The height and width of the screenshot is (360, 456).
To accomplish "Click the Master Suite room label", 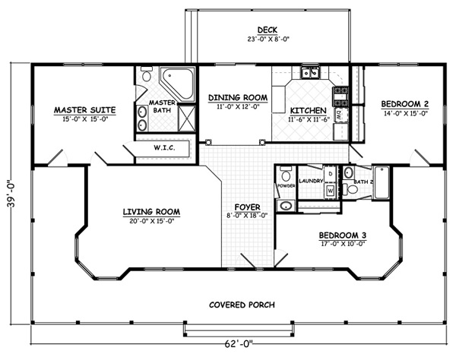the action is [84, 110].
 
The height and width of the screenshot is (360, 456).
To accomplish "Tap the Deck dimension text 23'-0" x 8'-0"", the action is [268, 39].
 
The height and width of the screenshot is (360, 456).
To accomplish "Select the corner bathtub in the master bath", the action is [177, 84].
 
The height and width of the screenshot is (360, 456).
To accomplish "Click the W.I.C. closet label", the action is [164, 148].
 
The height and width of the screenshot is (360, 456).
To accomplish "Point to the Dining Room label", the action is [238, 98].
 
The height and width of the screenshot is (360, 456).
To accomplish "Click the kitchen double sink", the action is [310, 72].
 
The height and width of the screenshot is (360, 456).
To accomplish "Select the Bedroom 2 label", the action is [404, 104].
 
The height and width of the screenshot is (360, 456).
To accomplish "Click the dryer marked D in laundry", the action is [330, 173].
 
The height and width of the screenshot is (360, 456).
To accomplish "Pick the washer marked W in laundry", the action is [331, 191].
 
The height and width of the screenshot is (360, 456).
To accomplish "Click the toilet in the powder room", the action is [286, 174].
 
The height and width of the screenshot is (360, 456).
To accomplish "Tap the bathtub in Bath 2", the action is [382, 182].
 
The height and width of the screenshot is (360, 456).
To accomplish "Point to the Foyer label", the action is [248, 207].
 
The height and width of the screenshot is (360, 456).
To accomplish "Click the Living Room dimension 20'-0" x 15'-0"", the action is [152, 221].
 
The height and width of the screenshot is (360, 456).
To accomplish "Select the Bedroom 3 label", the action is [343, 235].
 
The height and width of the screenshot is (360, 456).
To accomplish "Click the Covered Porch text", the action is [242, 305].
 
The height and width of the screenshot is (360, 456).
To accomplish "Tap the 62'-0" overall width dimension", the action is [239, 344].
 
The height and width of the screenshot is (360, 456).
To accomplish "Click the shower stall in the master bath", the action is [186, 118].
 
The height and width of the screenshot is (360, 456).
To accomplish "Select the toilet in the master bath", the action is [147, 74].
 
